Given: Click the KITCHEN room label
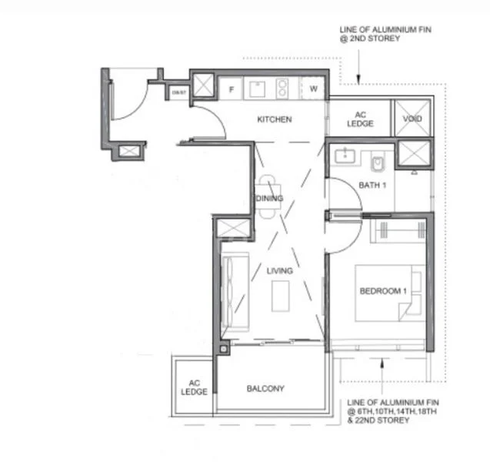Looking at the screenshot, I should [274, 119].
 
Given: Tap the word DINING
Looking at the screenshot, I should [270, 198].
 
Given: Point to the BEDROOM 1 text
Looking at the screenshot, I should [383, 290].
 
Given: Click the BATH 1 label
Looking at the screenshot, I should [372, 185].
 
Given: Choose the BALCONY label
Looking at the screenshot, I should [265, 389].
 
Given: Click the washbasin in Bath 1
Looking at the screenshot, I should [345, 157].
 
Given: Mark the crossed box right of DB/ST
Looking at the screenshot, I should [203, 85].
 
